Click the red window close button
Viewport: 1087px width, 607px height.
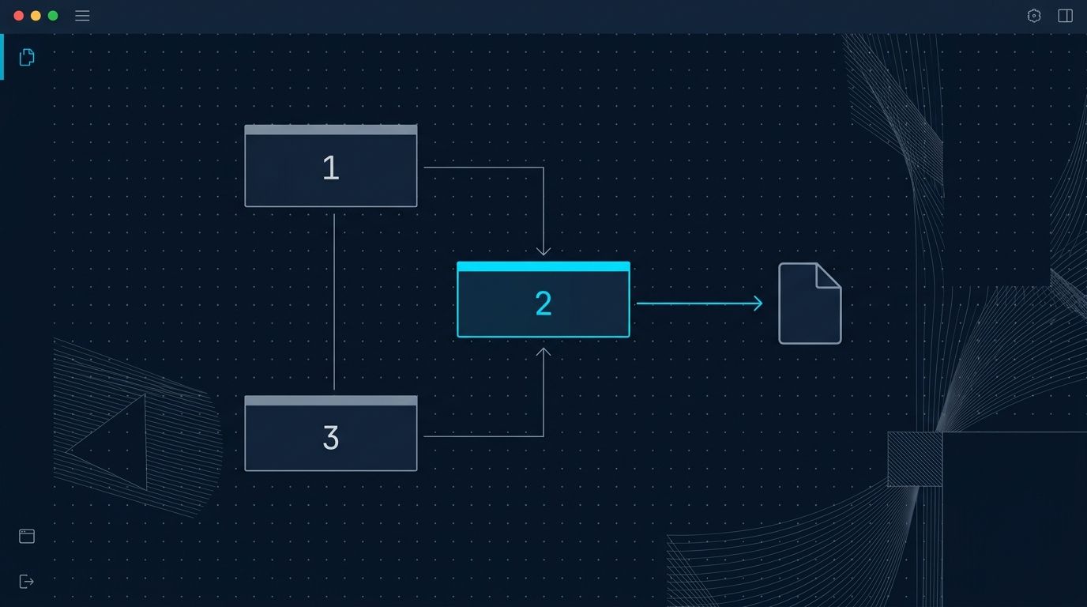pos(19,16)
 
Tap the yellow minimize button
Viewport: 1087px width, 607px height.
pos(36,16)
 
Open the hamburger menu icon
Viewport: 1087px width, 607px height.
pos(82,16)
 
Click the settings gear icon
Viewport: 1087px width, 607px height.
pos(1034,16)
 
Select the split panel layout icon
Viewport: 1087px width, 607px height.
pos(1065,16)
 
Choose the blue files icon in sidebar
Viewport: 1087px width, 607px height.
pos(27,57)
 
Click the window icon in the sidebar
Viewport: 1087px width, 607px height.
pos(27,536)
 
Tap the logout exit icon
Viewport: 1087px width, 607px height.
pos(26,581)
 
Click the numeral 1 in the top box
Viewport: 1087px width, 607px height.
pos(331,168)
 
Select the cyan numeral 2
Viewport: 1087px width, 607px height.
pos(543,303)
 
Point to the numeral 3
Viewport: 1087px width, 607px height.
pos(331,437)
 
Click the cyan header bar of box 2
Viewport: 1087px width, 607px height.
pos(543,266)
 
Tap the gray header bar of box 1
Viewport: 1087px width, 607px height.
pos(331,130)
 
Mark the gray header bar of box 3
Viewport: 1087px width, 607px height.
pos(331,401)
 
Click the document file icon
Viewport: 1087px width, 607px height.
pos(810,303)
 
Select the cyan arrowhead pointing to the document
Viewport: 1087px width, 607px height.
pos(758,303)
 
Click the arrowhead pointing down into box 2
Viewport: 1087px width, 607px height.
pos(543,251)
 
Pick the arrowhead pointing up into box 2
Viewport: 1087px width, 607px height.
pos(543,352)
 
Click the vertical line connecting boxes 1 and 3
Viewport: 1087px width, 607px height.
pos(334,302)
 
